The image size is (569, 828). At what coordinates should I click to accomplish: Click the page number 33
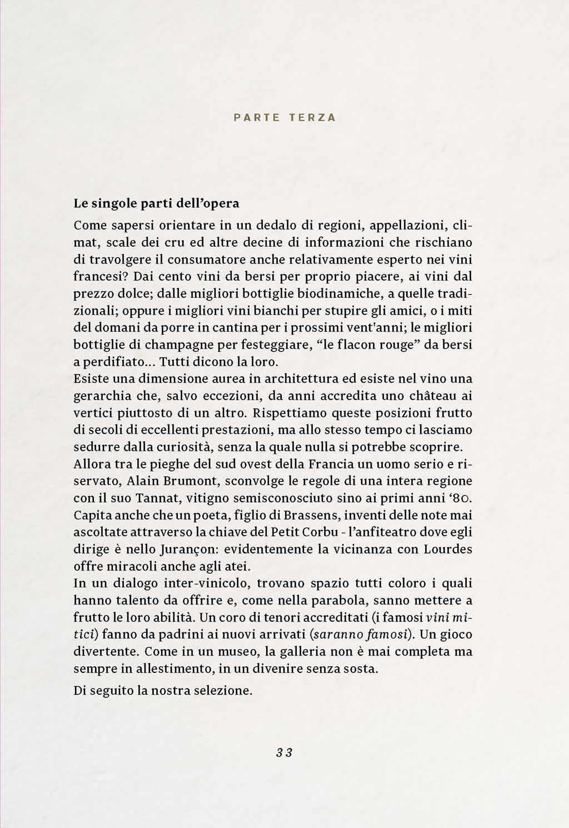[x=284, y=753]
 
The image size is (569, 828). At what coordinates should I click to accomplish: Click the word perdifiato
[x=118, y=362]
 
